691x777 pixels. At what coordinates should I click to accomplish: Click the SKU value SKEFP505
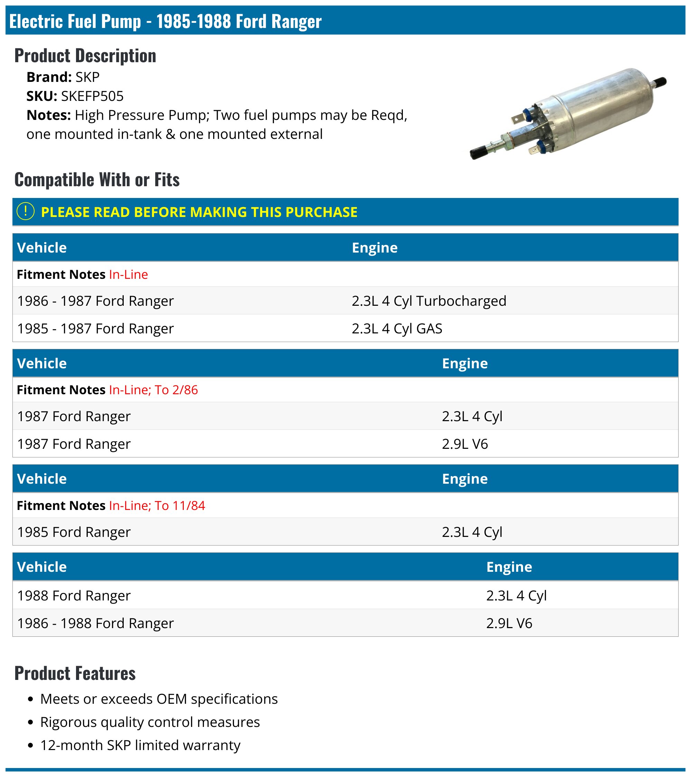point(92,96)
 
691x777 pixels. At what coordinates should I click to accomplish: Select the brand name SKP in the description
point(87,77)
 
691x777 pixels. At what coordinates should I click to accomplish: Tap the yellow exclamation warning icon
point(26,212)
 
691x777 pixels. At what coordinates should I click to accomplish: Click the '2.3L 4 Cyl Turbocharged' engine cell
point(429,301)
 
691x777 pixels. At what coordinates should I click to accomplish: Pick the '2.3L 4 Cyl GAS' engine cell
point(397,329)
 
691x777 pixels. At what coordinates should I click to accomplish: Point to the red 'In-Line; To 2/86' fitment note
point(153,390)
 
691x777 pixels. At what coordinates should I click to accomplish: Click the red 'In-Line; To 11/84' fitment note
point(157,505)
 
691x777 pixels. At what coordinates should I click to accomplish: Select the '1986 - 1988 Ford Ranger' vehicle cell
point(95,623)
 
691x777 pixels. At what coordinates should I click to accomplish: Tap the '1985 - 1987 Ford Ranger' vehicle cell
point(95,329)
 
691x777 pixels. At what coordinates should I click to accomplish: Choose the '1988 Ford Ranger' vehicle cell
point(74,595)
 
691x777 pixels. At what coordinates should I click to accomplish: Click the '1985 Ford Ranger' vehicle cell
point(74,532)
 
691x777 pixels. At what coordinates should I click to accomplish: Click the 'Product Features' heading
point(75,673)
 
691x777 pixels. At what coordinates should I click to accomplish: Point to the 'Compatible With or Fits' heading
point(97,179)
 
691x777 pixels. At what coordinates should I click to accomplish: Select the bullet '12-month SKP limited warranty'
point(140,746)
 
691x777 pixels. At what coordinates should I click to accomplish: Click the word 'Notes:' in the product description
point(49,115)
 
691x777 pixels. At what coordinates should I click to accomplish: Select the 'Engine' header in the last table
point(509,567)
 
